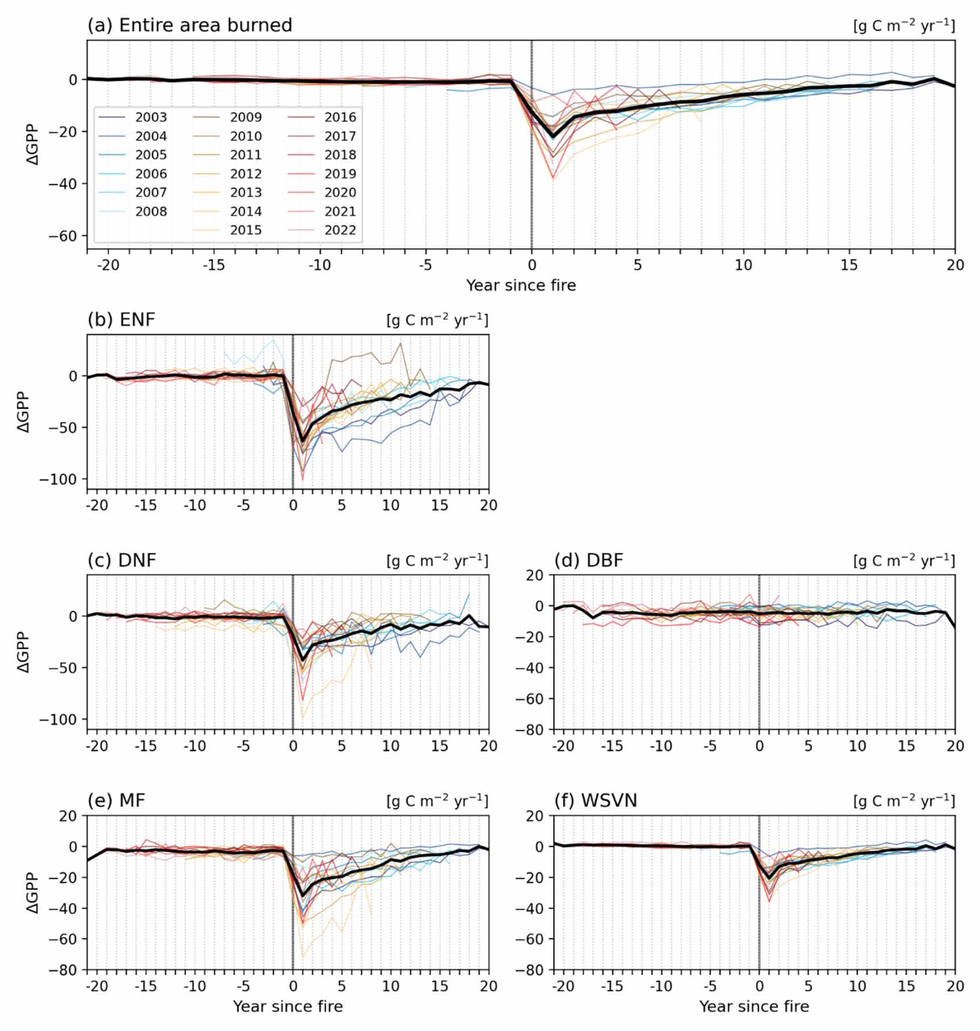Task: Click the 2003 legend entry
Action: click(x=151, y=118)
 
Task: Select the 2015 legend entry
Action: click(x=245, y=230)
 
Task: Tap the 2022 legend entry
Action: click(x=340, y=230)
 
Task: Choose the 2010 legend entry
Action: click(x=245, y=136)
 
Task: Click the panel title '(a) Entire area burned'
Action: click(x=190, y=26)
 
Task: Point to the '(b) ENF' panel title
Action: click(x=121, y=320)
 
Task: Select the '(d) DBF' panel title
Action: click(x=589, y=560)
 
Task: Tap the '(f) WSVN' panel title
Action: click(x=595, y=800)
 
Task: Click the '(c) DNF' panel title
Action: click(x=122, y=560)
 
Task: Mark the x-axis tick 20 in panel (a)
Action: click(x=955, y=265)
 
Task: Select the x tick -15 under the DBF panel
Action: click(x=612, y=745)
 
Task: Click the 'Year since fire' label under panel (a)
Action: click(x=521, y=285)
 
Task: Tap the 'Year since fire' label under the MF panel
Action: click(x=287, y=1006)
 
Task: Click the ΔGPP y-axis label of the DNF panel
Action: click(x=24, y=652)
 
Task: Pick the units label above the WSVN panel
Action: click(x=904, y=801)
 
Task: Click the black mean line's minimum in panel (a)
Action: click(x=553, y=136)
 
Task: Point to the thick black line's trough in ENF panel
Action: click(x=302, y=439)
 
